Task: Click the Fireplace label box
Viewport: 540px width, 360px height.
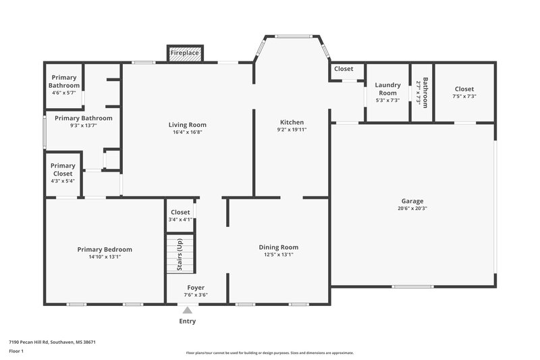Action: (x=184, y=53)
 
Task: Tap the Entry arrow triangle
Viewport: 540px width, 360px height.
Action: (x=187, y=310)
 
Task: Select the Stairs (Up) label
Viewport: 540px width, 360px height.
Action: (x=180, y=254)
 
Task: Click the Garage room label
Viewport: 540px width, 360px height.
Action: (x=412, y=201)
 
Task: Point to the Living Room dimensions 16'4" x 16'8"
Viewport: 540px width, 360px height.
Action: (x=188, y=132)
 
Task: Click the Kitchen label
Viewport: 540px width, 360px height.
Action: (x=292, y=122)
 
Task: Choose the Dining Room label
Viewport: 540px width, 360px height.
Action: (x=278, y=247)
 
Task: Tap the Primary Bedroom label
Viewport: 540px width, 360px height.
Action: (x=105, y=249)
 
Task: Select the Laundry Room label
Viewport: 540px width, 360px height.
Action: (x=387, y=88)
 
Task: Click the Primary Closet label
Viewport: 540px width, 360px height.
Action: (x=63, y=170)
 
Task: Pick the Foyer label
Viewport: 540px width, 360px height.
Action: (x=196, y=288)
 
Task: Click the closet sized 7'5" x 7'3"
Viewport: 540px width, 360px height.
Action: (x=464, y=93)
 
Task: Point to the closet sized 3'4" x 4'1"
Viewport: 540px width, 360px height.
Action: (x=180, y=215)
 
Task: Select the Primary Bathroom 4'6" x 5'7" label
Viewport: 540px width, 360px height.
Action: (x=64, y=82)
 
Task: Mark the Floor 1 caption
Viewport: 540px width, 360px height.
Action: (x=16, y=351)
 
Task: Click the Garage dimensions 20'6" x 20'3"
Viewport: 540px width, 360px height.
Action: (x=412, y=208)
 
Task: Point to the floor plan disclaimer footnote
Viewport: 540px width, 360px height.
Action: (x=269, y=353)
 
